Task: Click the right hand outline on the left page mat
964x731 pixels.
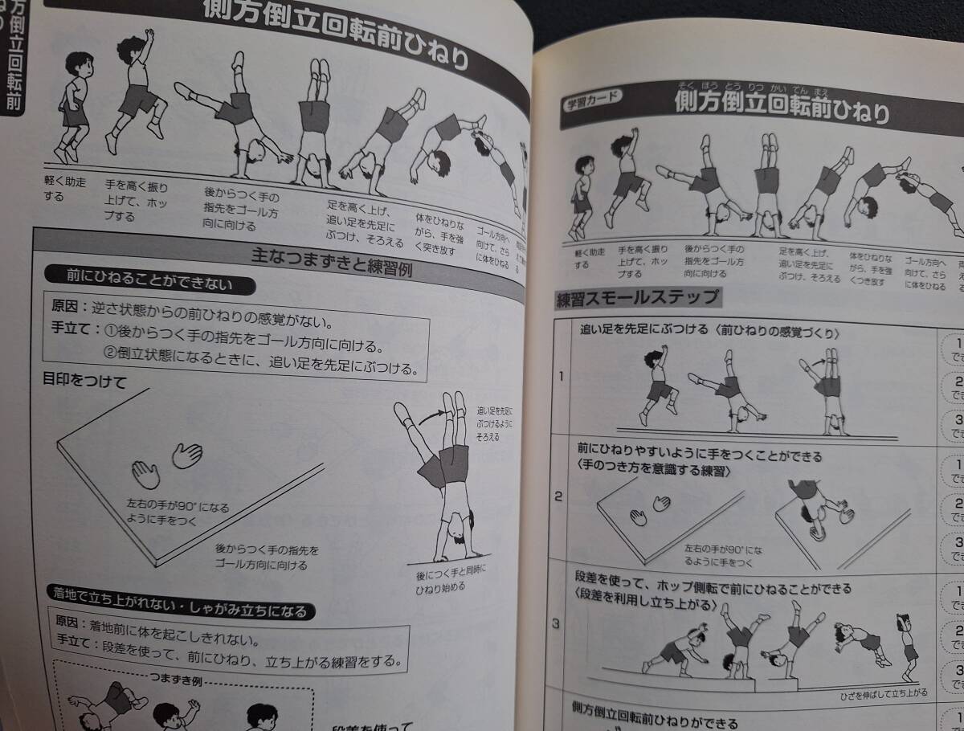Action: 186,455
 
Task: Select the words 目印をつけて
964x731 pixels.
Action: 84,382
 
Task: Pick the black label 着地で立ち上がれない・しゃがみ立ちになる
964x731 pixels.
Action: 180,611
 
